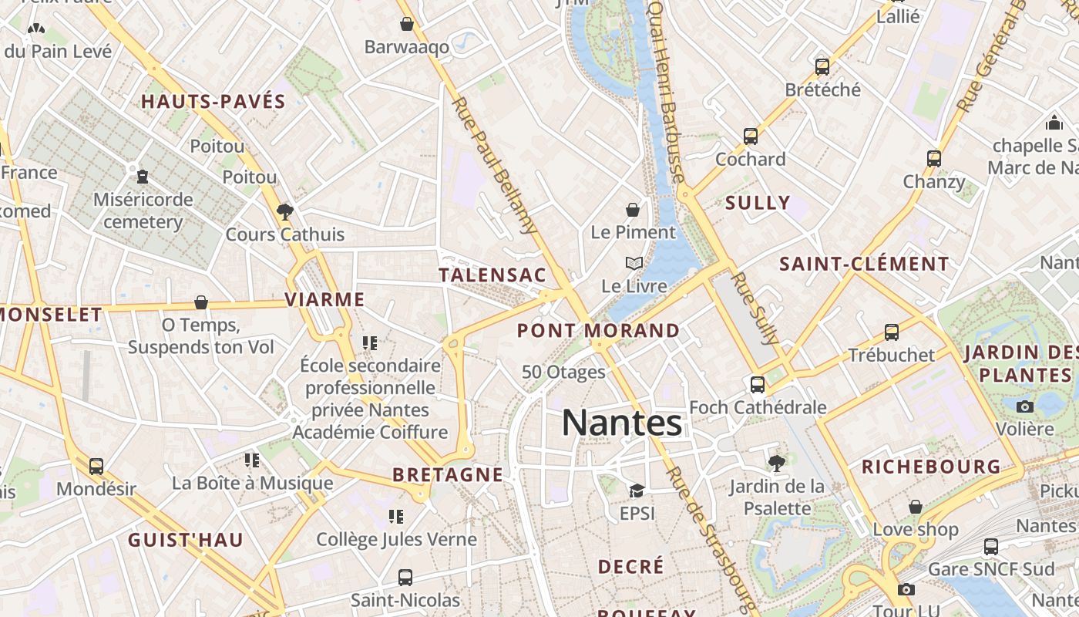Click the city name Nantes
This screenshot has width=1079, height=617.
622,423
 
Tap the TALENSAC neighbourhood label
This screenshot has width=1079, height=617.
492,275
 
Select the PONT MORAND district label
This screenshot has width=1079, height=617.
599,331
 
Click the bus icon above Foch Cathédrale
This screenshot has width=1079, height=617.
758,384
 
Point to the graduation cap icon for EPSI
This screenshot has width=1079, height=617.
637,491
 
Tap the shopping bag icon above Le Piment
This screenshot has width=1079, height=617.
633,209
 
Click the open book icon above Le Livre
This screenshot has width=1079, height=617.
634,263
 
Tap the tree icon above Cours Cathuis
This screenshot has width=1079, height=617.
285,211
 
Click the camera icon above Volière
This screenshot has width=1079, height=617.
1025,406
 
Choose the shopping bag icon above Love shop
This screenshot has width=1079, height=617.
916,507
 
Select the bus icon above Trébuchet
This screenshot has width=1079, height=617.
892,332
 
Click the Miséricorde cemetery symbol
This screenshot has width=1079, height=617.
143,177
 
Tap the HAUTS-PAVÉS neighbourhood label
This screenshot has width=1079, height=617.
213,101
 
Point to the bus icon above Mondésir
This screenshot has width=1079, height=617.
96,466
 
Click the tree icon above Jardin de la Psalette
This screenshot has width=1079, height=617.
777,463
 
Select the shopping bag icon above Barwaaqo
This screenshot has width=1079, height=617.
407,24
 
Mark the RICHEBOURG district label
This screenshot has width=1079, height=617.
931,467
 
